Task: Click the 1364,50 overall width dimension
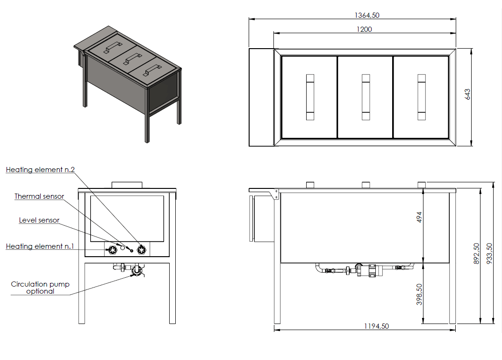tap(367, 15)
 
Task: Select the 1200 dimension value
tap(364, 29)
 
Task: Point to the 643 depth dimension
tap(467, 94)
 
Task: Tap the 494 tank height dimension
tap(419, 217)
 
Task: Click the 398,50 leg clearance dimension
tap(419, 295)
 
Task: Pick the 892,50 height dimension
tap(476, 254)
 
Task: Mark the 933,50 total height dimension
tap(489, 254)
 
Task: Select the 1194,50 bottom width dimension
tap(377, 326)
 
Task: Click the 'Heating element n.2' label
tap(40, 169)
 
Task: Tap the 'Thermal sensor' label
tap(39, 196)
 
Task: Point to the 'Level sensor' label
tap(39, 220)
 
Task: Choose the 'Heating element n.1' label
tap(40, 246)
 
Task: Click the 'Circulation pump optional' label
tap(40, 288)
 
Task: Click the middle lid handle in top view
tap(366, 97)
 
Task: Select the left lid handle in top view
tap(310, 97)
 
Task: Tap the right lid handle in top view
tap(422, 97)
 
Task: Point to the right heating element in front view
tap(142, 250)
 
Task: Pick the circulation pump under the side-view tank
tap(369, 270)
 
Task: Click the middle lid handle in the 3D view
tap(133, 58)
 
